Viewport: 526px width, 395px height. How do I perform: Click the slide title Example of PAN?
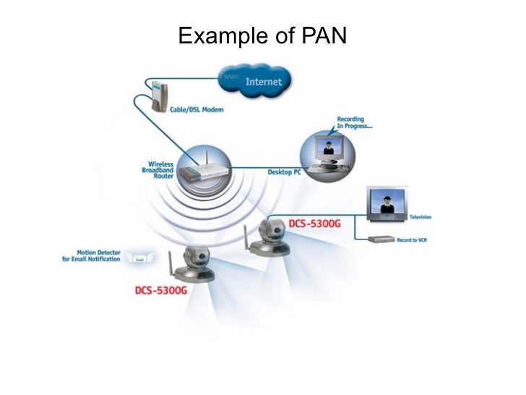[x=262, y=35]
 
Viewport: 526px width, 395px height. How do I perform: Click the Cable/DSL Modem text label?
[x=197, y=110]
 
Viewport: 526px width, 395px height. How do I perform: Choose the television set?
[x=387, y=206]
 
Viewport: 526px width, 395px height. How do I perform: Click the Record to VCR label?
[x=412, y=239]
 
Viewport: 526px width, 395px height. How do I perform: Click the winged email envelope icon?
[x=138, y=258]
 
